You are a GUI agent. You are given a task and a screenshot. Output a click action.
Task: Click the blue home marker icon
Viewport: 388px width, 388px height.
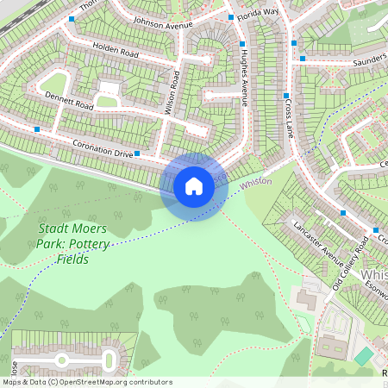[x=194, y=185]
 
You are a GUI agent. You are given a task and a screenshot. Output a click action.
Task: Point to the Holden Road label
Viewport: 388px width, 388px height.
[x=116, y=52]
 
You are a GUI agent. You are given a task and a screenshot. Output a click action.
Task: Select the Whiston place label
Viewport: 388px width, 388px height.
[x=256, y=183]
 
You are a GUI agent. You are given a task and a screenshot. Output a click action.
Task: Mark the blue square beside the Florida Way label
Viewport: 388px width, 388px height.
[x=230, y=17]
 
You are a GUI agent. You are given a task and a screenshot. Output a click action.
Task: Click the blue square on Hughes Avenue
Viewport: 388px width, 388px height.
[x=242, y=43]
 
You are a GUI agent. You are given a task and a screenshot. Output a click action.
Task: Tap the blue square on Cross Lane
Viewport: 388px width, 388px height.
[x=286, y=96]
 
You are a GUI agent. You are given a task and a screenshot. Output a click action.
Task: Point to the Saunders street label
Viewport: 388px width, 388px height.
[x=369, y=62]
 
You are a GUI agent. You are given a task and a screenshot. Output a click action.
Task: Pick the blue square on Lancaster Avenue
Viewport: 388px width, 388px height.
[x=343, y=212]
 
